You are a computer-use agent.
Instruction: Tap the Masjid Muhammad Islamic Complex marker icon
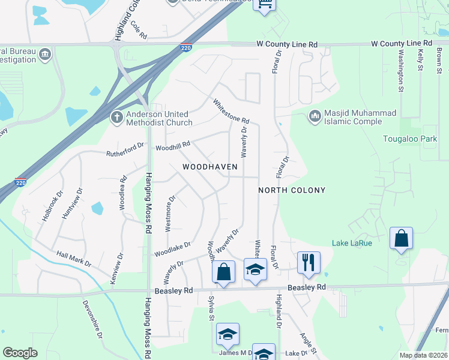(x=315, y=115)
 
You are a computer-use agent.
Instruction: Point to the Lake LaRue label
(x=353, y=243)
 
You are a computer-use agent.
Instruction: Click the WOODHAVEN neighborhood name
(x=210, y=167)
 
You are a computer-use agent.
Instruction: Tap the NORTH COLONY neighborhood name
(x=292, y=190)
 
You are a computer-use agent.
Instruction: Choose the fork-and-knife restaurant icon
(x=309, y=263)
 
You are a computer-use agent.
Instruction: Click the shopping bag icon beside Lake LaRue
(x=401, y=239)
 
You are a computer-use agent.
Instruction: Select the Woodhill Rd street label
(x=172, y=145)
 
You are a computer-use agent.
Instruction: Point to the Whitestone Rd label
(x=231, y=112)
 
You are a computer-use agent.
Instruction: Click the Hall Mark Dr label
(x=74, y=259)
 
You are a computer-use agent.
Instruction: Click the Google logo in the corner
(x=20, y=353)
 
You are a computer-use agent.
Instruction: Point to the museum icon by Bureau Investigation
(x=45, y=55)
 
